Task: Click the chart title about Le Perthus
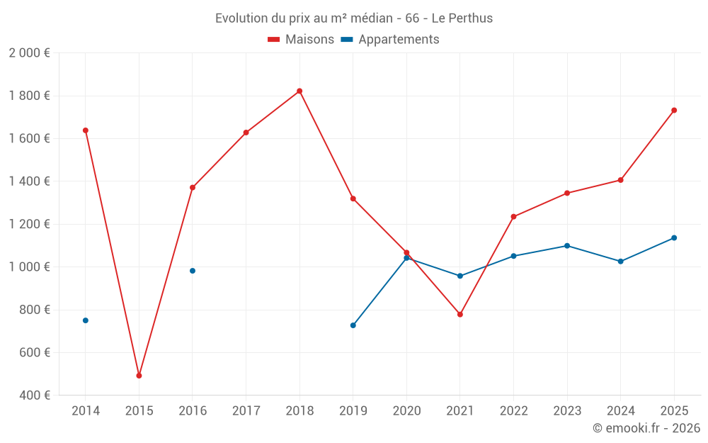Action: click(354, 18)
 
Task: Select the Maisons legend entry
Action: click(301, 40)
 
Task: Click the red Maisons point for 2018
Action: click(299, 91)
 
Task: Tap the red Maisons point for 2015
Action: click(139, 376)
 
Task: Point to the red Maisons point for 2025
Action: click(674, 110)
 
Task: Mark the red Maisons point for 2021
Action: click(460, 314)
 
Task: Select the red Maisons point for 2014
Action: click(86, 130)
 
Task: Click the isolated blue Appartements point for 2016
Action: click(193, 271)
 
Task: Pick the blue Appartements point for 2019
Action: click(353, 325)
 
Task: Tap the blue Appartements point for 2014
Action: click(86, 320)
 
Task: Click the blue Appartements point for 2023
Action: click(567, 246)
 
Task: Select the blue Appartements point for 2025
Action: click(674, 237)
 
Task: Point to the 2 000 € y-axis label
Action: click(29, 53)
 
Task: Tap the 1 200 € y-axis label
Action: click(29, 224)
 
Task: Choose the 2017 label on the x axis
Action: click(246, 411)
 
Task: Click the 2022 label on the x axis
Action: click(513, 411)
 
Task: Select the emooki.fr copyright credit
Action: click(646, 428)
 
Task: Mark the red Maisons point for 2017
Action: click(246, 133)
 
